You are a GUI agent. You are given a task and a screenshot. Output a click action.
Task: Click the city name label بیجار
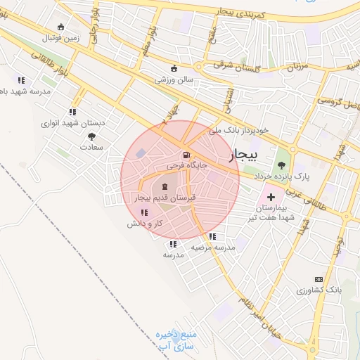[x=245, y=155]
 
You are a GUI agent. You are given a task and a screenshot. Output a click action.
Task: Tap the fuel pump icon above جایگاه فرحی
[x=185, y=155]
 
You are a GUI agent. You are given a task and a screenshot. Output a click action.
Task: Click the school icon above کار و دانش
[x=144, y=212]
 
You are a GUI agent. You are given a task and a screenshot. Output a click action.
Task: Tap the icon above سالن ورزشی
[x=174, y=69]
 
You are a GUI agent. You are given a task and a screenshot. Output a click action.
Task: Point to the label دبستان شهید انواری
[x=72, y=122]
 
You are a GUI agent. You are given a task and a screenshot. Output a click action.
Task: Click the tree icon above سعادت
[x=91, y=137]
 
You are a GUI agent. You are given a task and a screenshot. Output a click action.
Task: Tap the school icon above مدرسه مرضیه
[x=212, y=236]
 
